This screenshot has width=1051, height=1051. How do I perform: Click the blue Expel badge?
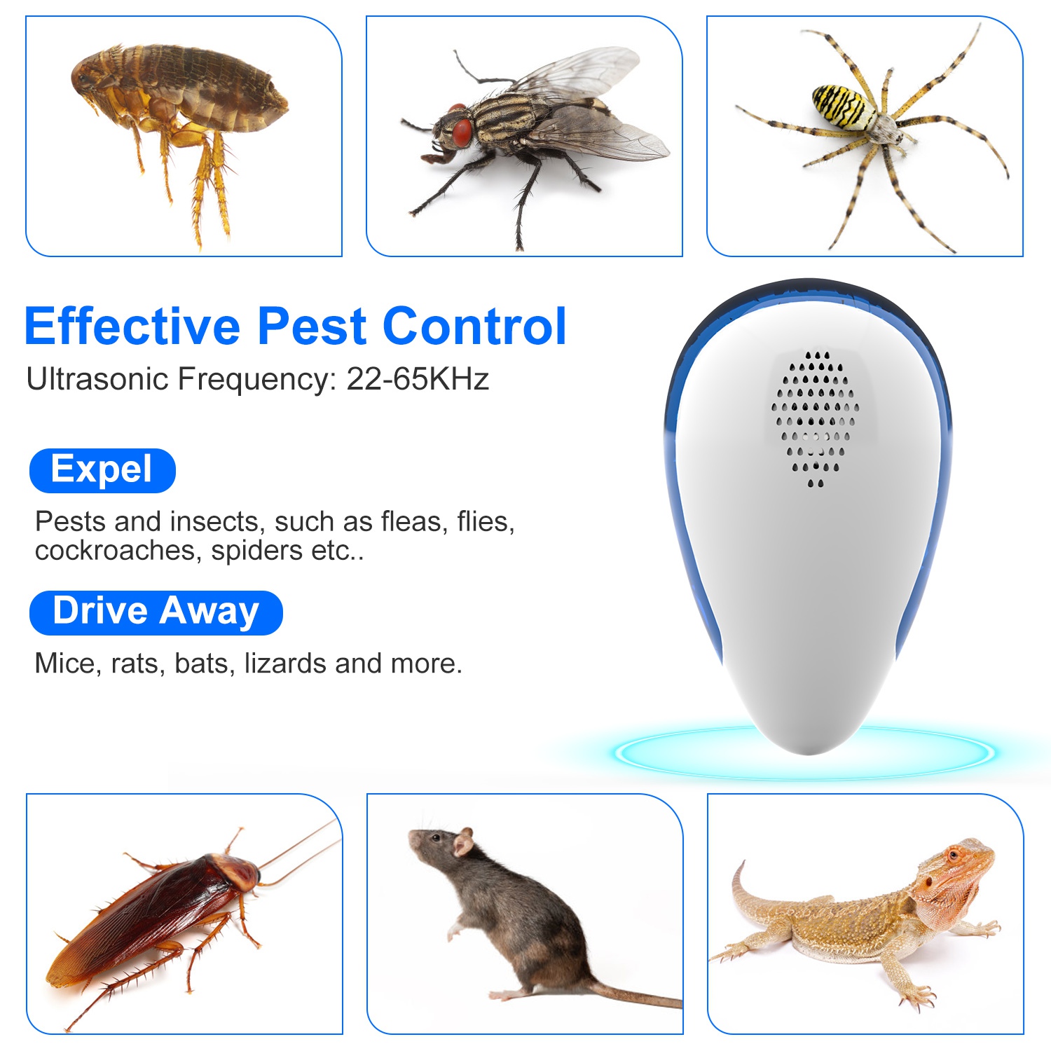pos(102,470)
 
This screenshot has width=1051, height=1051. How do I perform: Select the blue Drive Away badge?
pos(156,612)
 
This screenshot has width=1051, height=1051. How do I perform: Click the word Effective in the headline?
pos(132,327)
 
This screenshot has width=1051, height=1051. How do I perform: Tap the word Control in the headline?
pos(474,327)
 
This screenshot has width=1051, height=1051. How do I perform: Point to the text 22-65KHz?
pos(418,379)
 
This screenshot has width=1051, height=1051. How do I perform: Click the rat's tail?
pos(631,996)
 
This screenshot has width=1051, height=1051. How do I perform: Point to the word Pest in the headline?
pos(311,327)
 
